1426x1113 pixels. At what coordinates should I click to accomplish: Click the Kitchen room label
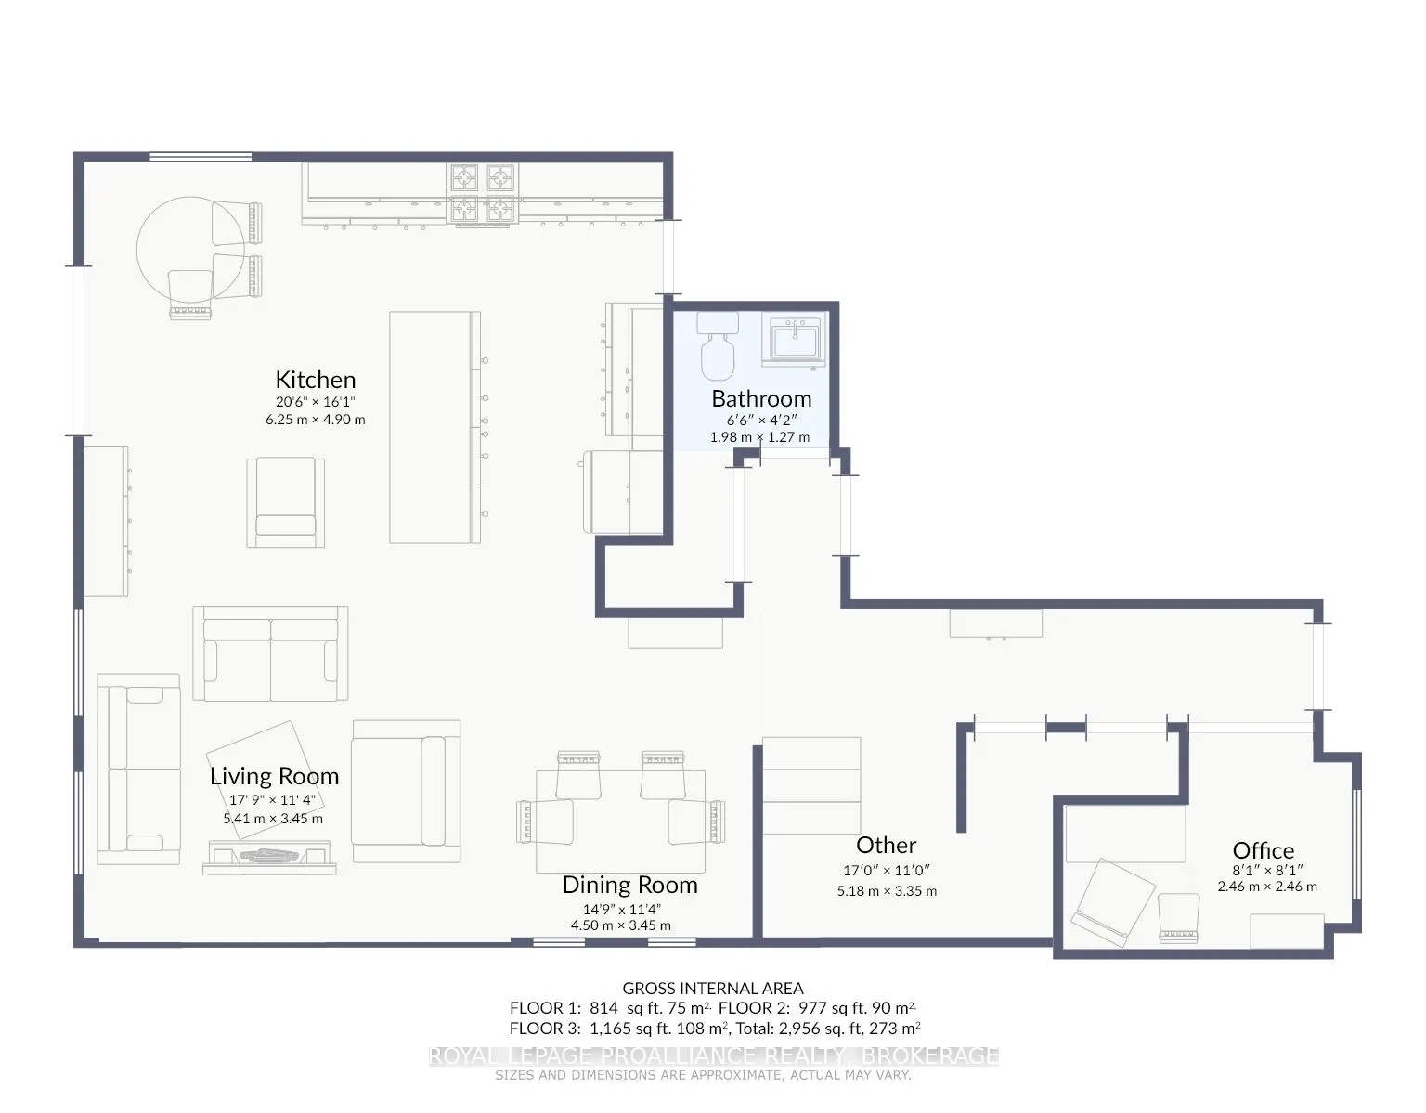315,380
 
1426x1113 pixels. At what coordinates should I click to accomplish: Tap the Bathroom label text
761,399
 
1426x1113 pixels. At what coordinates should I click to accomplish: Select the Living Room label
274,777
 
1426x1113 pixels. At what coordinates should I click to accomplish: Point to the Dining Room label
629,886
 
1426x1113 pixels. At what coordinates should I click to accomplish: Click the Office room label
1264,850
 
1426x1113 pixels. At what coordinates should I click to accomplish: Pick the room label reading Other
886,846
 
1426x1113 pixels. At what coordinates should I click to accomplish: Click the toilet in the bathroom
718,346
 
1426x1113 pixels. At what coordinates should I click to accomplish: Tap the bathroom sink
794,340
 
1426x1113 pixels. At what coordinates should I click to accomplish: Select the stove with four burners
483,193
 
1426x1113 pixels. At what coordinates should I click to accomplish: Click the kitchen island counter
434,427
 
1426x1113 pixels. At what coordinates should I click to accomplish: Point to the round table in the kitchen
190,250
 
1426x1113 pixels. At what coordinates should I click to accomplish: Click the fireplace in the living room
269,857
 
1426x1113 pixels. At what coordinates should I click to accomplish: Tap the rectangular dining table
620,822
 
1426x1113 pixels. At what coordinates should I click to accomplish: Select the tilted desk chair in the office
1112,902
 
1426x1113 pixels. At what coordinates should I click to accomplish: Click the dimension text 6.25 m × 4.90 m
315,420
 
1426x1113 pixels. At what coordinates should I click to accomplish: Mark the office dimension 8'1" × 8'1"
1267,871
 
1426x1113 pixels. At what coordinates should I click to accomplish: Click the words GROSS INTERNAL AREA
713,989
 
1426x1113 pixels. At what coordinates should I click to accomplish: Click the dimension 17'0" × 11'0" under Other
886,871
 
